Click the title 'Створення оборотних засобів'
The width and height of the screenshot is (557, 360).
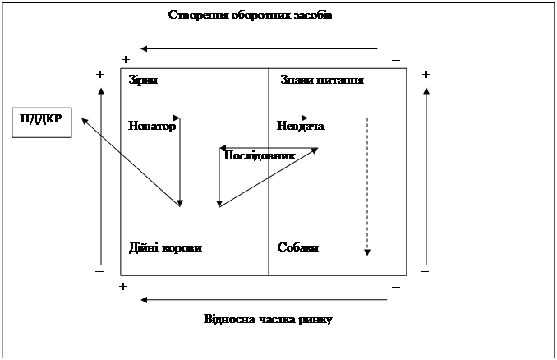click(250, 15)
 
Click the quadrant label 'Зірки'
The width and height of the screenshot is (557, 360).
click(143, 80)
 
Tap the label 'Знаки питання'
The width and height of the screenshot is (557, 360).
click(322, 80)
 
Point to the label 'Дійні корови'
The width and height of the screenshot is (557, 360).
click(165, 247)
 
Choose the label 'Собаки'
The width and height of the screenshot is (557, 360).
click(298, 247)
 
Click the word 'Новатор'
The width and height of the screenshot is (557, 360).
click(152, 127)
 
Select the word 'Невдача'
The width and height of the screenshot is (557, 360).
click(301, 127)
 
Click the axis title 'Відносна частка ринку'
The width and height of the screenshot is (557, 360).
click(268, 319)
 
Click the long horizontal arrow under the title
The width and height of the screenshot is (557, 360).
click(258, 48)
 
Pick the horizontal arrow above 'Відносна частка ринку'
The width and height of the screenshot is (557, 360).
click(263, 300)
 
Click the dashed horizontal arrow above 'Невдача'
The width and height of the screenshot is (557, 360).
click(263, 118)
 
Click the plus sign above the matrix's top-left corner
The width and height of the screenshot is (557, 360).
click(125, 60)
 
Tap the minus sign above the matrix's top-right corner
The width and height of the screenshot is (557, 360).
click(396, 60)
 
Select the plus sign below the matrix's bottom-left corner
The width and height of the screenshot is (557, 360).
click(122, 286)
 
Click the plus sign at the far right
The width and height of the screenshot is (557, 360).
click(426, 74)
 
